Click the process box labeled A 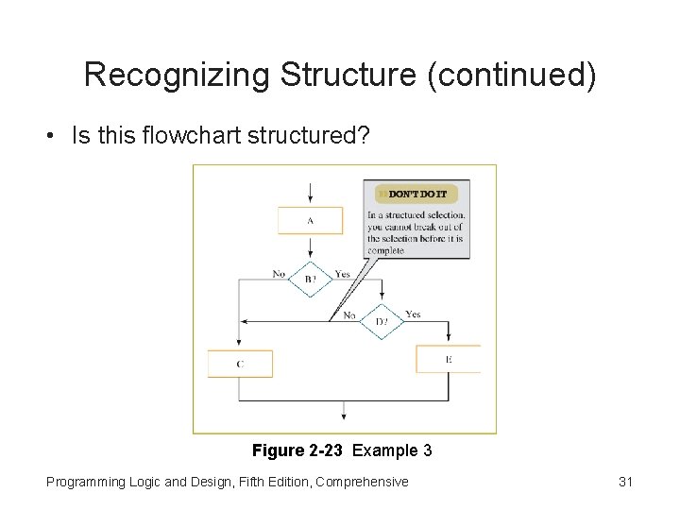[310, 220]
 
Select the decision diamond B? [311, 279]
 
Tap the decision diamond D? [381, 321]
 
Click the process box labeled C [240, 364]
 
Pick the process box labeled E [448, 359]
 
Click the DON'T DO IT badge [416, 194]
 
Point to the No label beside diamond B [279, 274]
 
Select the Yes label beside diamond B [342, 274]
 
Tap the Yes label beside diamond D [413, 314]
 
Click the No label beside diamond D [349, 314]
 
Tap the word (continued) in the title [512, 75]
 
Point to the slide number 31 [625, 482]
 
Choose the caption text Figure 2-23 [297, 450]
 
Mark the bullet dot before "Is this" [47, 136]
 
